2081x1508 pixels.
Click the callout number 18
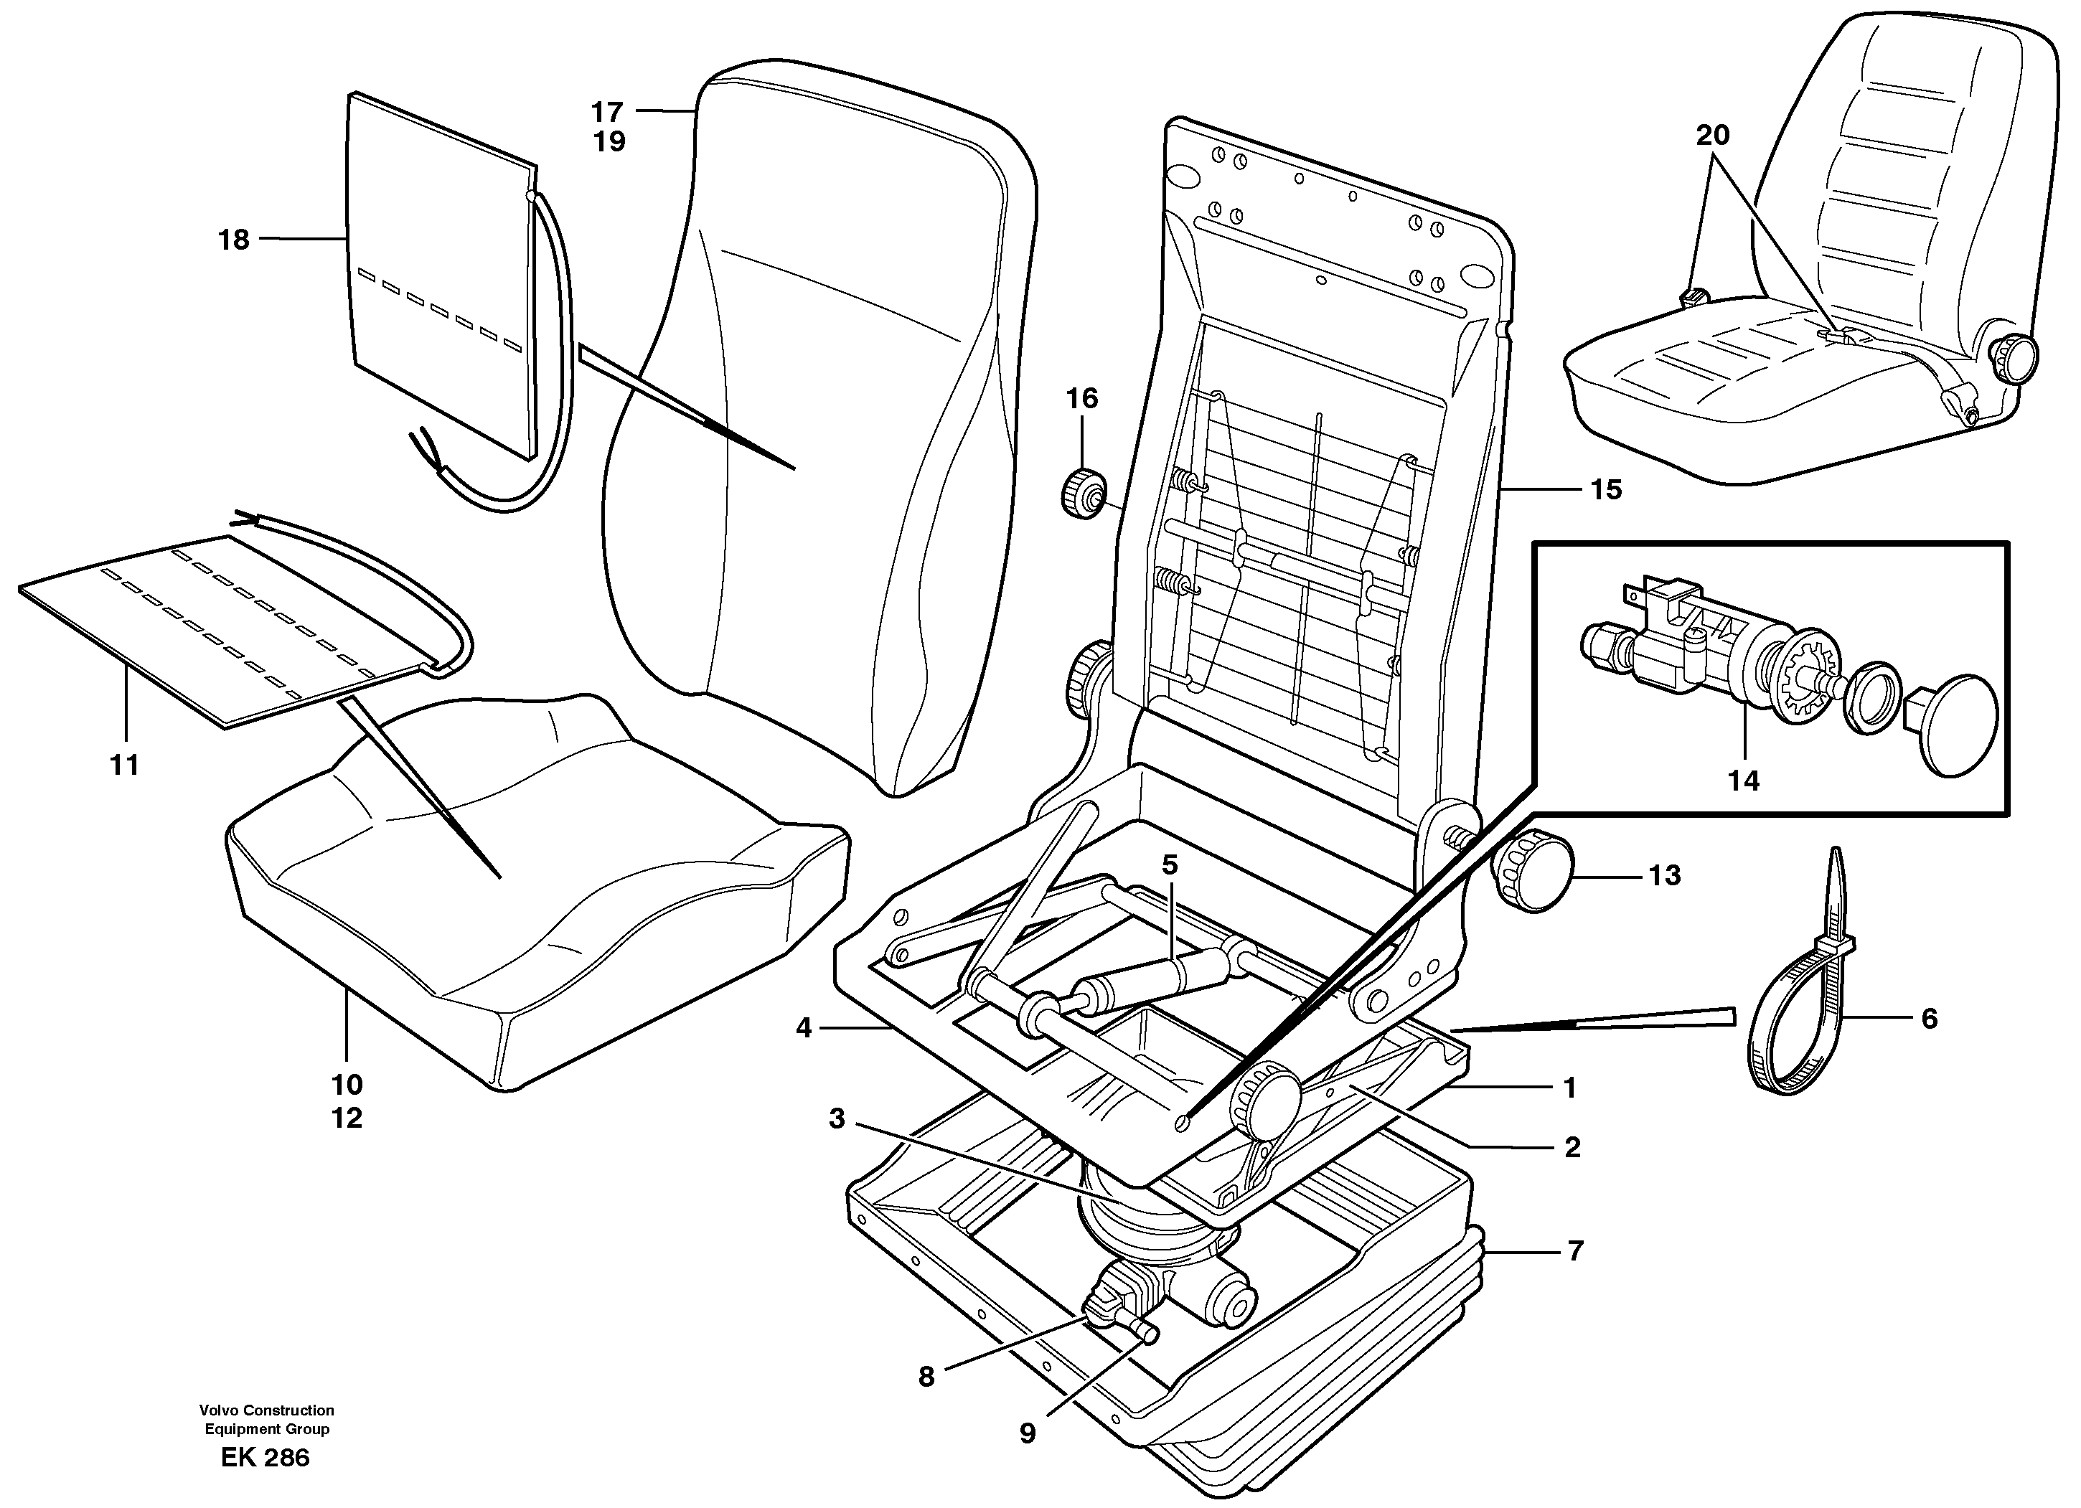click(233, 240)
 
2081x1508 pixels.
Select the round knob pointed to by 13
click(1535, 869)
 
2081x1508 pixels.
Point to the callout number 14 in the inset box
click(1743, 781)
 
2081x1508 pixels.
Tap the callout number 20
click(1712, 136)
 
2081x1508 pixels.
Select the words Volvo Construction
click(266, 1410)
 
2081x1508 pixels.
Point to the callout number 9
click(1027, 1433)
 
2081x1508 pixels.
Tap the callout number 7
click(1575, 1251)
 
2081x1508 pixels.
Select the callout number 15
click(1606, 490)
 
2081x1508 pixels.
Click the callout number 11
click(124, 764)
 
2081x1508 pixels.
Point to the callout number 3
click(836, 1119)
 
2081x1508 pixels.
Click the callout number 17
click(606, 112)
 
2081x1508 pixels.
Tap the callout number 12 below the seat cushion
click(347, 1118)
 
